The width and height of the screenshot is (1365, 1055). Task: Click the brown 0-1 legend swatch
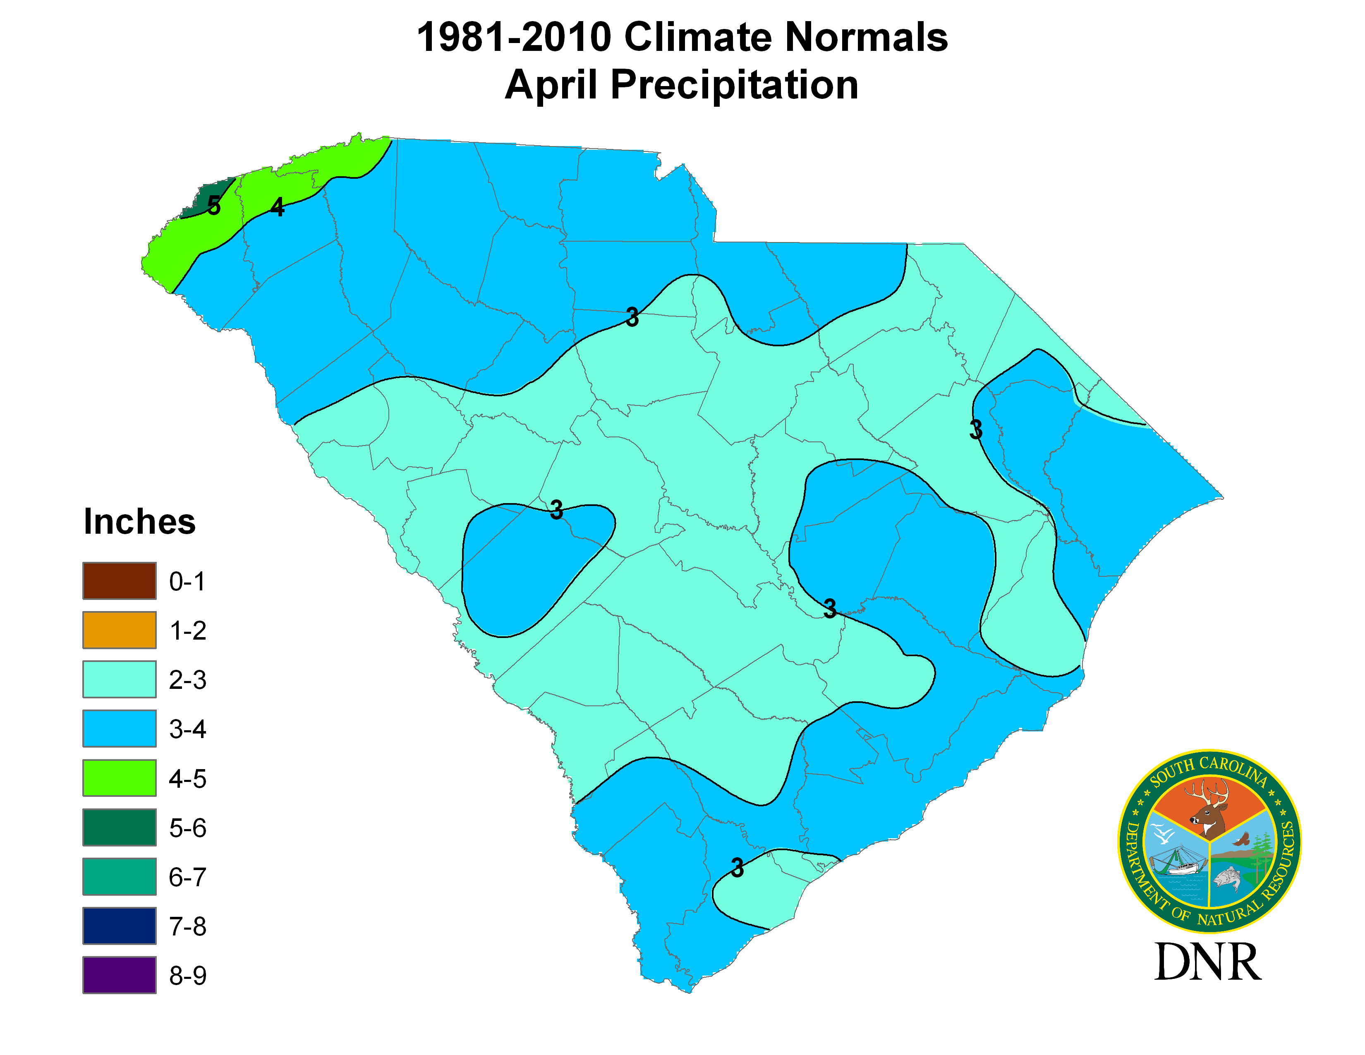(120, 580)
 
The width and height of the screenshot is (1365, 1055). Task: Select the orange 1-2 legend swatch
(120, 630)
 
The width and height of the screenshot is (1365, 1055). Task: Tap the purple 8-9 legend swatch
(120, 975)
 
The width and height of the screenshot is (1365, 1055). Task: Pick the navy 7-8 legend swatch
(120, 926)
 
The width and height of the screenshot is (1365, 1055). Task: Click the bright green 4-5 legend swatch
(120, 778)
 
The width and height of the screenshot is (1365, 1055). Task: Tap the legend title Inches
(139, 522)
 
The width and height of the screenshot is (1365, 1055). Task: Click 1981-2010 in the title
(514, 38)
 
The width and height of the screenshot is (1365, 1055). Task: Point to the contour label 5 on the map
(214, 205)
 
